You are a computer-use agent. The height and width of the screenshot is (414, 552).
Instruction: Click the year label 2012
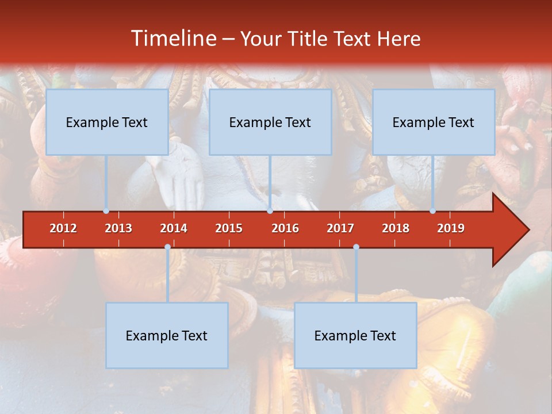(63, 228)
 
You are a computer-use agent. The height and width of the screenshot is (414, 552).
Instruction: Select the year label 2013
(118, 228)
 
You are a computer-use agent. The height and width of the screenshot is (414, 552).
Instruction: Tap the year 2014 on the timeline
(174, 228)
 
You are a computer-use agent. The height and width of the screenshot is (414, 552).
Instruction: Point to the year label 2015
(229, 228)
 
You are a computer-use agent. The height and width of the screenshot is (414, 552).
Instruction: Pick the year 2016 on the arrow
(285, 228)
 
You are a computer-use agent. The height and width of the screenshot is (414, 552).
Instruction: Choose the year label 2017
(340, 228)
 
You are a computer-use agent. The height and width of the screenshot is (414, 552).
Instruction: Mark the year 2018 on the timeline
(396, 228)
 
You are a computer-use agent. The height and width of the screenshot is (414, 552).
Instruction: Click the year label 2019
(451, 228)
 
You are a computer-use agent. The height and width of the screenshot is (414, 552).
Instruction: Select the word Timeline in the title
(172, 39)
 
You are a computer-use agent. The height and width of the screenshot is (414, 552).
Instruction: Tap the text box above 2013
(107, 122)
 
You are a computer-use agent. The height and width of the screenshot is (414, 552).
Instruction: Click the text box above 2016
(270, 122)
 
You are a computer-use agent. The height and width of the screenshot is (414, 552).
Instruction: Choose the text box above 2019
(434, 122)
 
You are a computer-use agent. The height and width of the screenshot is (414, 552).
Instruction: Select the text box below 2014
(167, 335)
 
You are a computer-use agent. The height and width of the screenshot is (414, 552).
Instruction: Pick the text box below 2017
(355, 335)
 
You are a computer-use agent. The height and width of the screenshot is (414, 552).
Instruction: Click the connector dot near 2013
(106, 211)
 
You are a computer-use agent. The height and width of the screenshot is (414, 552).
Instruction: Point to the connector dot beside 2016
(270, 211)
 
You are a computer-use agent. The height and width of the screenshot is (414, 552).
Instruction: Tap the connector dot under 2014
(167, 247)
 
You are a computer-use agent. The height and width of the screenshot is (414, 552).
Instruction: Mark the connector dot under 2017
(356, 247)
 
